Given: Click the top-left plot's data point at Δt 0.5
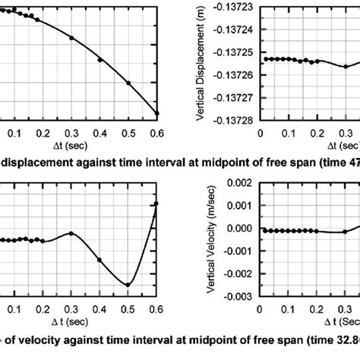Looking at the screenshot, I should click(128, 83).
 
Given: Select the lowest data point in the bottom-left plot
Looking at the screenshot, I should click(128, 285).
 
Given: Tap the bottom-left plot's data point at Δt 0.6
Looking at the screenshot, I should click(156, 204).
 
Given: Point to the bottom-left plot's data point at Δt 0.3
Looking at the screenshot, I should click(71, 233).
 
